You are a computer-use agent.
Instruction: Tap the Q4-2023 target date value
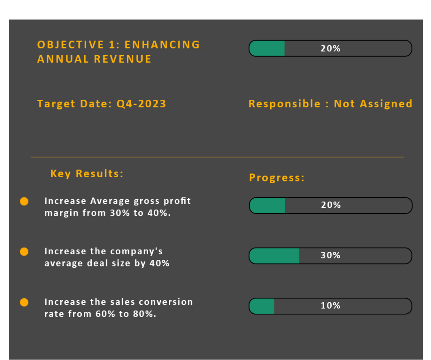pyautogui.click(x=141, y=104)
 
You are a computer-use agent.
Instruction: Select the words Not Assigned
pyautogui.click(x=373, y=104)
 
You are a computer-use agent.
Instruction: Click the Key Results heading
pyautogui.click(x=87, y=173)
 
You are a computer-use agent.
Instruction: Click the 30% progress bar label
pyautogui.click(x=330, y=255)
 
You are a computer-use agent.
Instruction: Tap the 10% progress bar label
pyautogui.click(x=330, y=306)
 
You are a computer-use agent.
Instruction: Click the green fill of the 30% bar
pyautogui.click(x=274, y=256)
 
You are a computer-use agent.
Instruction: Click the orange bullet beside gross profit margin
pyautogui.click(x=24, y=201)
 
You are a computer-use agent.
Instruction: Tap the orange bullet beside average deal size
pyautogui.click(x=24, y=251)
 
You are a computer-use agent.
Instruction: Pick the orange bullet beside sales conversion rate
pyautogui.click(x=24, y=302)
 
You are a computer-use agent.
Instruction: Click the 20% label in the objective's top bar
pyautogui.click(x=330, y=48)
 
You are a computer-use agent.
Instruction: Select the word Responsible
pyautogui.click(x=285, y=104)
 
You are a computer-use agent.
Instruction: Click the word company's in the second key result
pyautogui.click(x=136, y=251)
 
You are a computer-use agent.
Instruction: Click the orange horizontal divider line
pyautogui.click(x=217, y=157)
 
